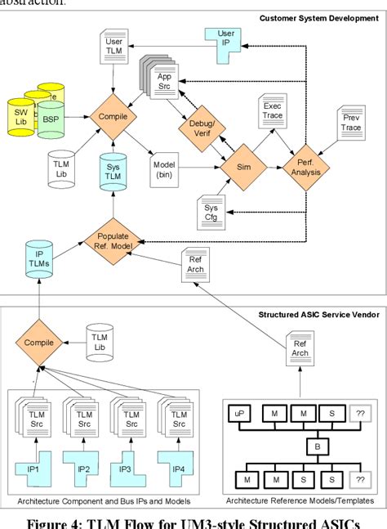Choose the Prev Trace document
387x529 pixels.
(350, 123)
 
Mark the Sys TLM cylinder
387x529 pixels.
(113, 171)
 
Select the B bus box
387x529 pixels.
(316, 446)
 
